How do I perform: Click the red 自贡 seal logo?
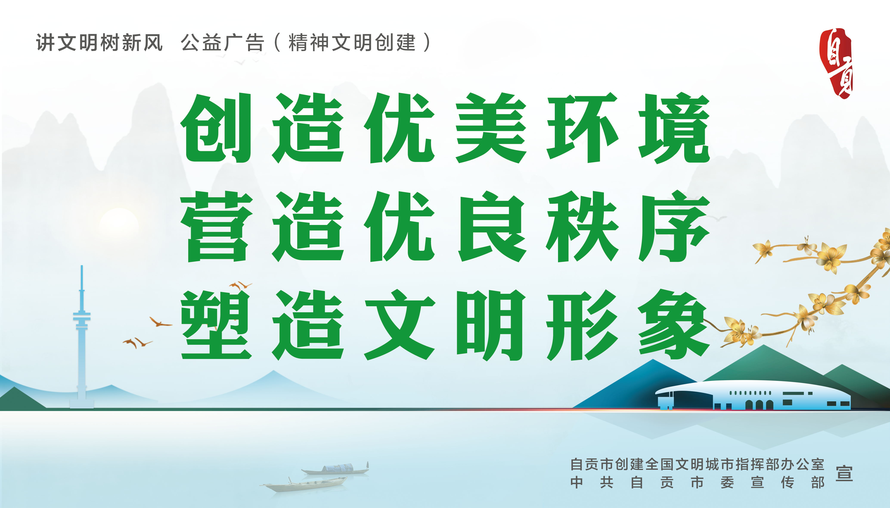pos(837,63)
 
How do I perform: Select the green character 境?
pos(674,128)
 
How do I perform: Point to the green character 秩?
pos(582,227)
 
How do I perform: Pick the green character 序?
pos(674,227)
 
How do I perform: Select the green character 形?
pos(582,325)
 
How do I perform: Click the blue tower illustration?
pos(82,337)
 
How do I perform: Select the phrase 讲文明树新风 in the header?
pos(99,43)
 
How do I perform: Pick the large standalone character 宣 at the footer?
pos(844,474)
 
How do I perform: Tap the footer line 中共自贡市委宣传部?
pos(697,483)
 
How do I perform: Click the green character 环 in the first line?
pos(582,128)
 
